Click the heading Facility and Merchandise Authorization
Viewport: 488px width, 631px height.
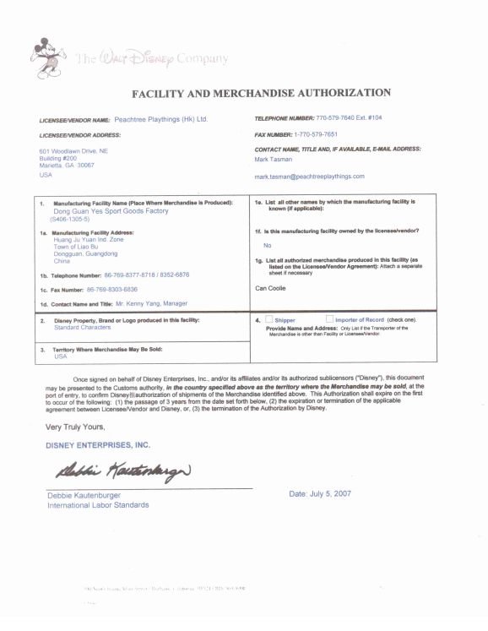[x=261, y=92]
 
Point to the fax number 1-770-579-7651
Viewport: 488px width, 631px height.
[x=315, y=134]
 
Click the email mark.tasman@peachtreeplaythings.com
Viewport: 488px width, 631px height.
[x=309, y=177]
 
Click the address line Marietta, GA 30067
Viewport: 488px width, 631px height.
[x=67, y=166]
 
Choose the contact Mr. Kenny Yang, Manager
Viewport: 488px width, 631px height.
[x=139, y=303]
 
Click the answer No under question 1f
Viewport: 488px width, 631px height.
[x=267, y=245]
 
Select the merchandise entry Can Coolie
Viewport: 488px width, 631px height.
[x=270, y=288]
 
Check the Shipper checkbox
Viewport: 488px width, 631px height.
[x=292, y=320]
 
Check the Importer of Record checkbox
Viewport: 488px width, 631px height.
[x=355, y=320]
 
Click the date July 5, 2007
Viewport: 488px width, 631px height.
[x=320, y=493]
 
